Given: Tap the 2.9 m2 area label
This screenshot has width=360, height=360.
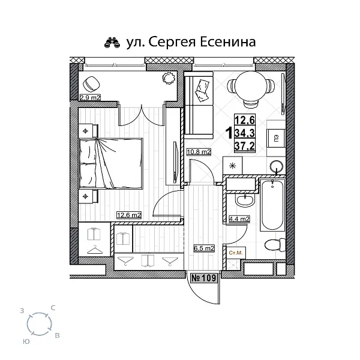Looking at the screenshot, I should [89, 96].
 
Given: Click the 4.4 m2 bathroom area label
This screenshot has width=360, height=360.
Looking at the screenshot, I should [240, 220].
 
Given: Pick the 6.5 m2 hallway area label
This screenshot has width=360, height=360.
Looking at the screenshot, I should [204, 247].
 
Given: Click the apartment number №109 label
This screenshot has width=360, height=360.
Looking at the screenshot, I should [205, 278].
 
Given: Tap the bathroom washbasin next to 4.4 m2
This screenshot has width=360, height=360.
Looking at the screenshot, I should [244, 199].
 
